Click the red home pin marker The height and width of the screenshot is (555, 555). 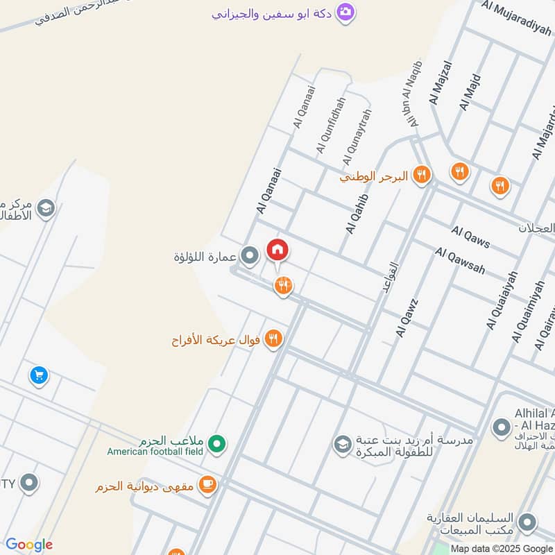(x=277, y=250)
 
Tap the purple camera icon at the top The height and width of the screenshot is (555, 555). (x=345, y=12)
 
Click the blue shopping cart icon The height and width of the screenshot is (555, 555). (x=39, y=375)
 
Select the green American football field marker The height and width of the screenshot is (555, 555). (x=217, y=442)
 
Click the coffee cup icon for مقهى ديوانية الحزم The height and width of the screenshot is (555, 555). (x=207, y=486)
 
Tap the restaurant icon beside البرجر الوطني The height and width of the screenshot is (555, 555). (x=421, y=176)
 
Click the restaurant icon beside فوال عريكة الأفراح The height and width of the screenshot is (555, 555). (x=274, y=339)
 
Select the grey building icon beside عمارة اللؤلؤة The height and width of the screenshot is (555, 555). (x=250, y=256)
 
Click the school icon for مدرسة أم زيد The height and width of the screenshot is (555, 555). (x=342, y=443)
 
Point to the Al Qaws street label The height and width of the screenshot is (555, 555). (x=470, y=237)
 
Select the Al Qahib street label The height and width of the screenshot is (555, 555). (x=355, y=214)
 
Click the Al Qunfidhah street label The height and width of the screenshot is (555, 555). (x=330, y=126)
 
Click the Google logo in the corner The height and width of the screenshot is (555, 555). (x=29, y=545)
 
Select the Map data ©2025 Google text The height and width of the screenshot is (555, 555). (x=502, y=548)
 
